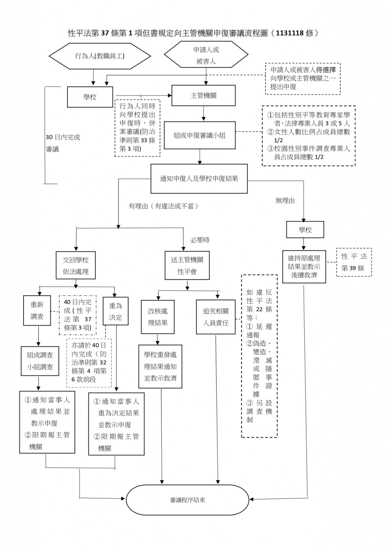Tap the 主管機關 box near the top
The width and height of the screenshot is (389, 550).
coord(203,95)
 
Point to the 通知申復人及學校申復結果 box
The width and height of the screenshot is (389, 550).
coord(199,178)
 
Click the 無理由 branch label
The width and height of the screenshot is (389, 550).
coord(285,200)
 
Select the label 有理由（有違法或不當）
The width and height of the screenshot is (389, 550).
coord(163,206)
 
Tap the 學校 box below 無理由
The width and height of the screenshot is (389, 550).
coord(305,230)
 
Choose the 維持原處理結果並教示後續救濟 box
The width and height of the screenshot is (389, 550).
coord(304,266)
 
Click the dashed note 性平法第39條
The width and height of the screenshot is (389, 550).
coord(354,262)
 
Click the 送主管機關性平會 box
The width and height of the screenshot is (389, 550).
coord(187,266)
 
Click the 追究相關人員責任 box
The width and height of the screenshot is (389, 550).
coord(219,317)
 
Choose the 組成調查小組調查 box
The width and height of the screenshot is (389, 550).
coord(40,361)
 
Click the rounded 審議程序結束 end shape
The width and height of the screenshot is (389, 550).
coord(187,500)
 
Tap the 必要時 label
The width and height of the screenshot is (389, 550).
coord(200,240)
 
